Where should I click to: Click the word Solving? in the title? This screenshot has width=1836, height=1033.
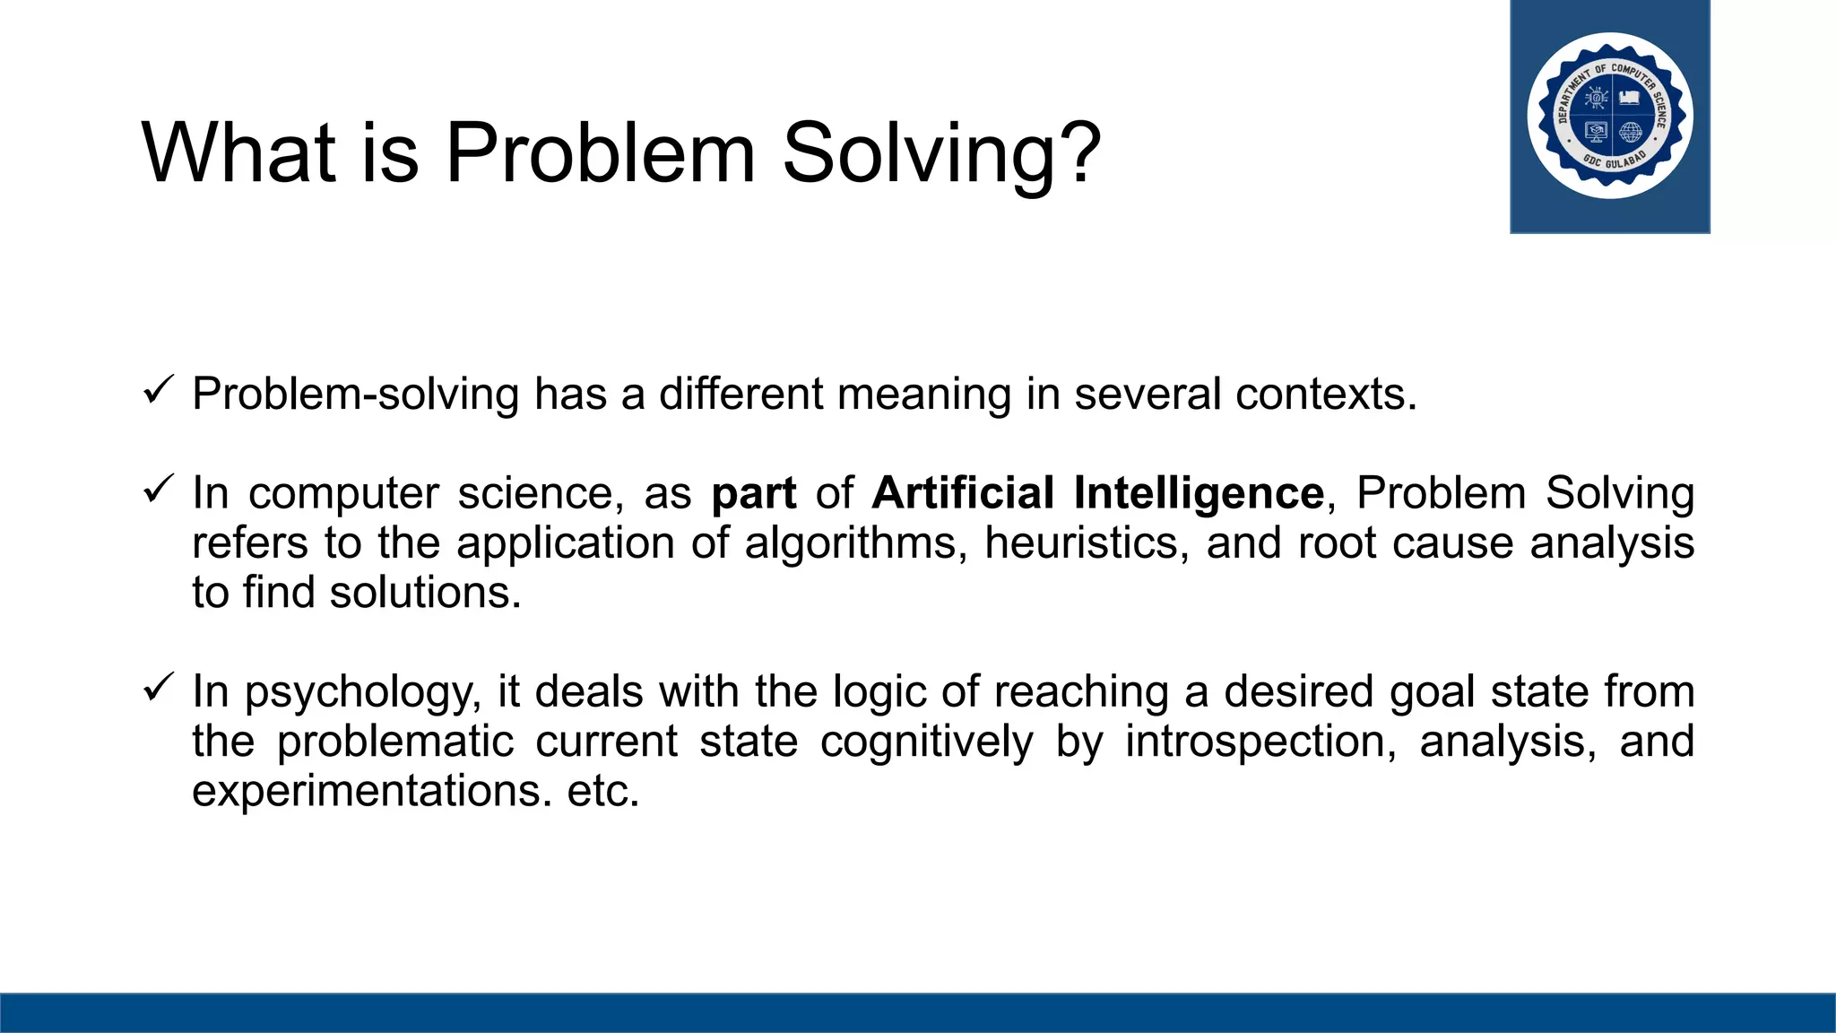click(940, 154)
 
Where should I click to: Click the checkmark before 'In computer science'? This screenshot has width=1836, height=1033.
click(158, 490)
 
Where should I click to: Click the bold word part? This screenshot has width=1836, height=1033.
click(753, 494)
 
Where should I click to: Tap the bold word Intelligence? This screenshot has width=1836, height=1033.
click(1199, 494)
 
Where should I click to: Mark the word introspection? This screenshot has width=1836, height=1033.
click(1260, 742)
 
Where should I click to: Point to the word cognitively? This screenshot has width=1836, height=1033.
click(926, 742)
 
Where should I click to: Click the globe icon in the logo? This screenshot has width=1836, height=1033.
click(1631, 133)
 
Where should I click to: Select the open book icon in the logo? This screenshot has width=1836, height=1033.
click(1630, 97)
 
